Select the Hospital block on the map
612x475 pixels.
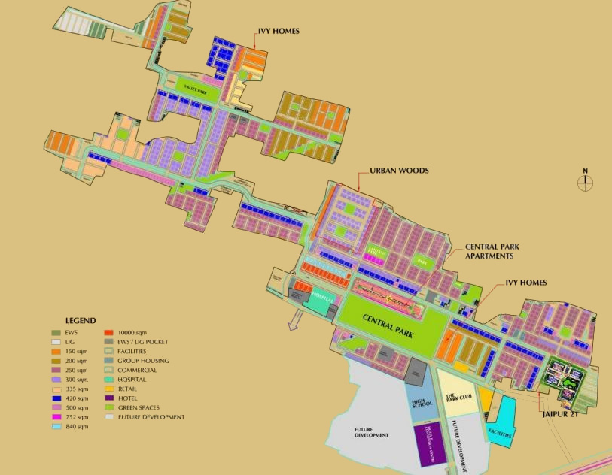323,300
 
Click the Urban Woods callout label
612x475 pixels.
398,171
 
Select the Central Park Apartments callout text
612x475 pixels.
493,251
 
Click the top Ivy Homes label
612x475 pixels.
279,31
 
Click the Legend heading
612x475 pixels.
80,321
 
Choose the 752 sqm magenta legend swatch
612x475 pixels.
56,416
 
